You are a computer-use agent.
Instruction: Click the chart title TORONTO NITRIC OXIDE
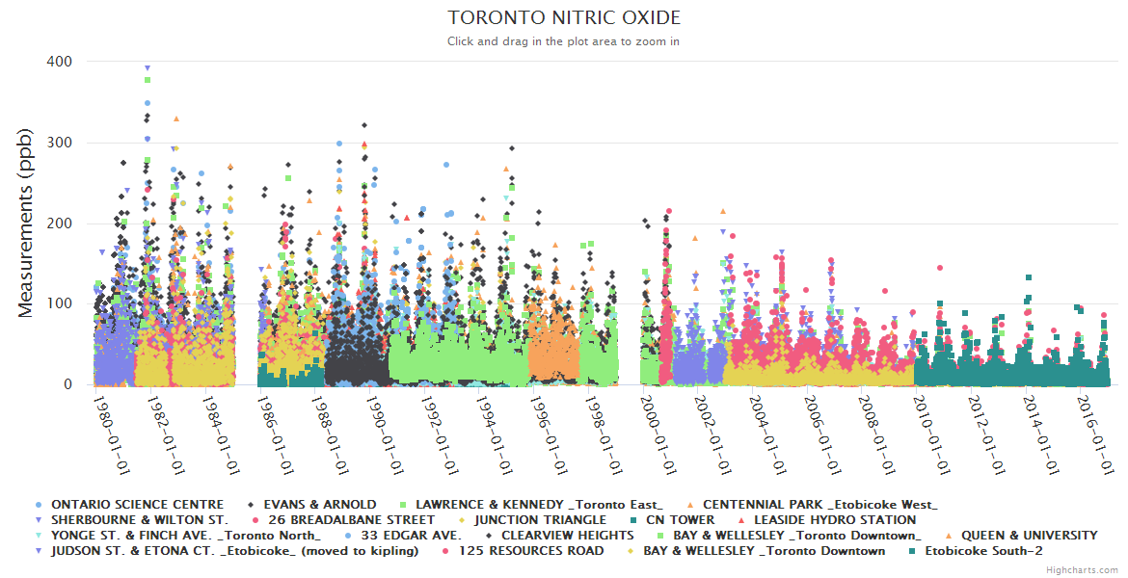coord(564,18)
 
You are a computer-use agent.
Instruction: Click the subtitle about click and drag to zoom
coord(564,41)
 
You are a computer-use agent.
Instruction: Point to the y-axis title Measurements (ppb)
coord(26,223)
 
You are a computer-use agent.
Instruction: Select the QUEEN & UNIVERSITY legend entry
coord(1028,536)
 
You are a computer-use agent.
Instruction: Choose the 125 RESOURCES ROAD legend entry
coord(531,551)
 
